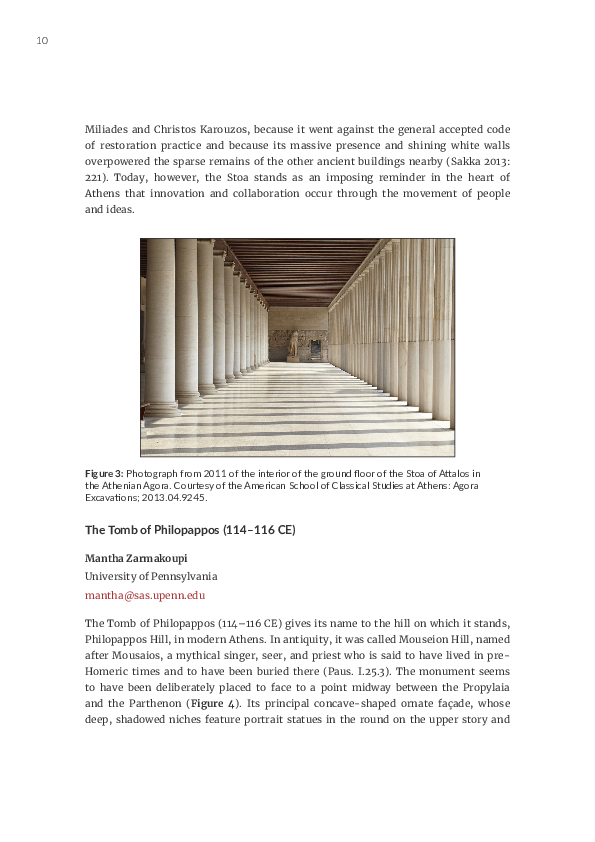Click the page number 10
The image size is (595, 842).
point(42,41)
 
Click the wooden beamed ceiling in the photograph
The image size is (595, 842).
point(297,266)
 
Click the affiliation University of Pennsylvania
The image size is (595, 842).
point(151,576)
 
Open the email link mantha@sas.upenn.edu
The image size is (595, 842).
point(145,595)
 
